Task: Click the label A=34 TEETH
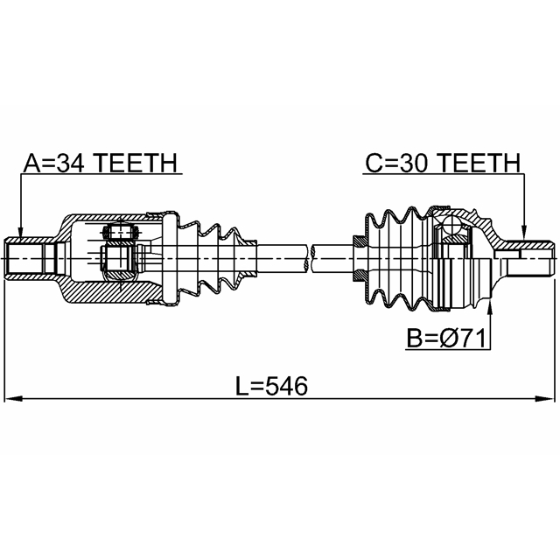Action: point(101,164)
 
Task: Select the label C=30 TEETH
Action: point(443,164)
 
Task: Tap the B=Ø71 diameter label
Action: point(447,339)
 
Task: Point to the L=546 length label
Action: point(272,386)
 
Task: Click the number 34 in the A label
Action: point(70,164)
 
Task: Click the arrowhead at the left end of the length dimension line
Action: point(13,399)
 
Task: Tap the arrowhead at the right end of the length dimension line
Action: point(546,399)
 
